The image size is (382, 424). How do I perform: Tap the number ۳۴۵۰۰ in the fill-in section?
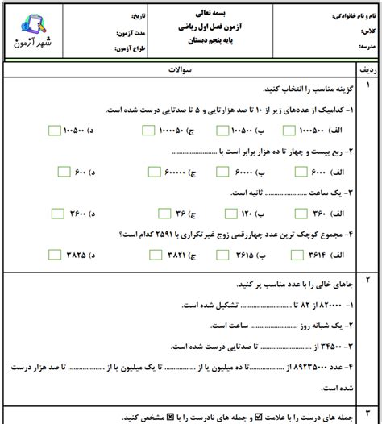click(326, 347)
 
